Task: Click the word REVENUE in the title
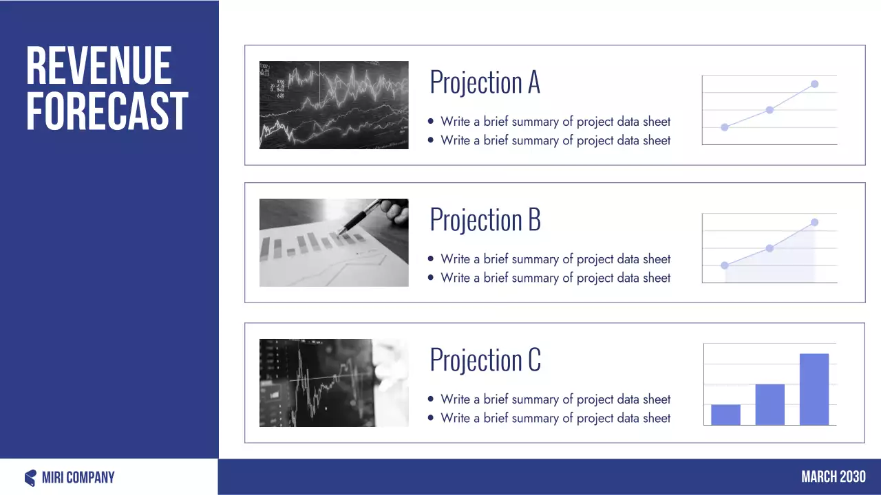tap(98, 66)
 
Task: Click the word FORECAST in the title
tap(107, 111)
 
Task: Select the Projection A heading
tap(485, 82)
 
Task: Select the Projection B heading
tap(485, 220)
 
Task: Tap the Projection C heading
tap(485, 360)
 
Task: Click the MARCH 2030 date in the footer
tap(833, 477)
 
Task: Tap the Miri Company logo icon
tap(30, 478)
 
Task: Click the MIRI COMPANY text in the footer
tap(78, 478)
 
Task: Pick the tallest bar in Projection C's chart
tap(814, 389)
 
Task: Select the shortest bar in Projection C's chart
tap(725, 415)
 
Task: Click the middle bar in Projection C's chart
tap(769, 404)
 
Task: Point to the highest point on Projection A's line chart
tap(814, 84)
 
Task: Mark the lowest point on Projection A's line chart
tap(725, 127)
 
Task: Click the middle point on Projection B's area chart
tap(769, 248)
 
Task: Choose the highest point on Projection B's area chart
tap(814, 222)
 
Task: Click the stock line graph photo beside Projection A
tap(334, 105)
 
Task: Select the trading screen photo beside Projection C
tap(334, 383)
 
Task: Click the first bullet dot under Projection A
tap(431, 122)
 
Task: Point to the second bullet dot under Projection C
tap(431, 418)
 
